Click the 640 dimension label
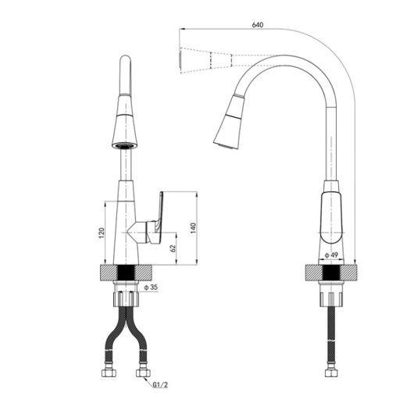pos(258,25)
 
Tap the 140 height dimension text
pos(193,228)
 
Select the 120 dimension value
pos(102,233)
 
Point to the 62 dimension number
pos(173,248)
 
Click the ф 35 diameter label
pos(152,287)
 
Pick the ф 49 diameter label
pos(332,255)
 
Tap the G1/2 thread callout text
pos(160,385)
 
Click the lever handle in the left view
pos(155,218)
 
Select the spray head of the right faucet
pos(229,123)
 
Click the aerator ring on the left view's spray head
pos(125,146)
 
